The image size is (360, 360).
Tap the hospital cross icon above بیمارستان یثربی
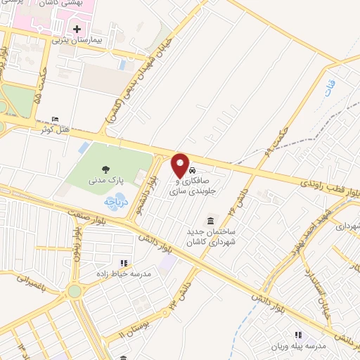tap(77, 29)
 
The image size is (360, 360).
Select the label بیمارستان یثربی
tap(80, 41)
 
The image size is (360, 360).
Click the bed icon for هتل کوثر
tap(55, 120)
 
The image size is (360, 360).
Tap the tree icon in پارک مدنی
tap(106, 169)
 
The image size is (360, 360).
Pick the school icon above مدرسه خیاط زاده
tap(124, 263)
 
